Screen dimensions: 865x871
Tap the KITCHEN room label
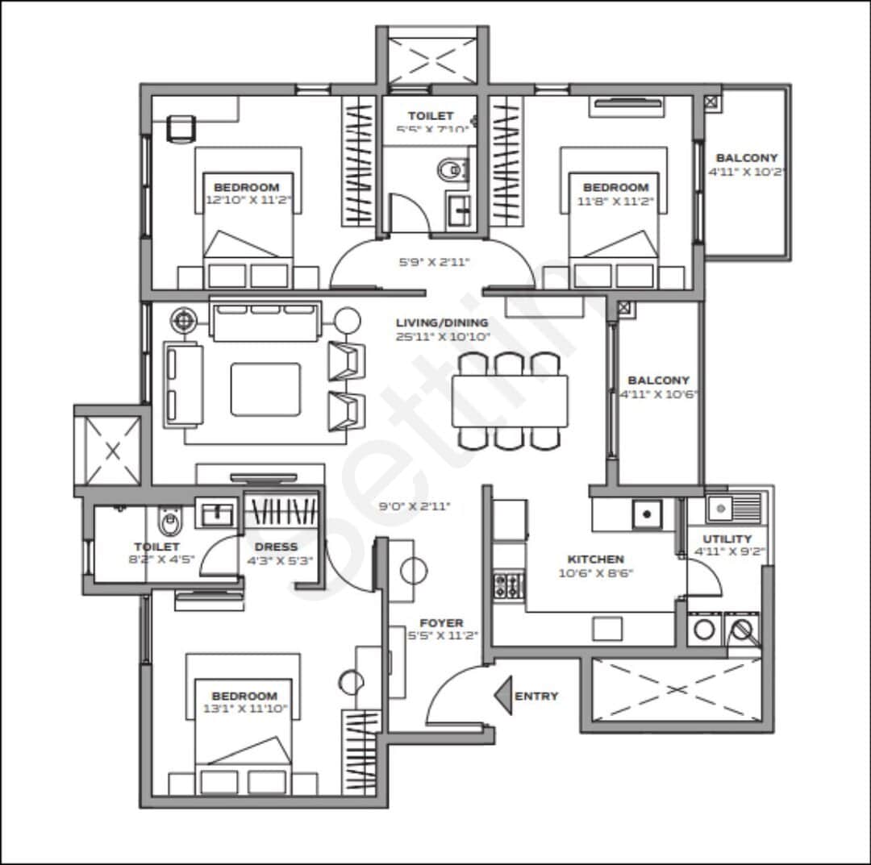[x=595, y=559]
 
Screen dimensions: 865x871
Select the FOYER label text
[x=441, y=622]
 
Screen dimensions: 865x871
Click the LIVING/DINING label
[x=442, y=322]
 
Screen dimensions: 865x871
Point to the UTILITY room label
[x=727, y=539]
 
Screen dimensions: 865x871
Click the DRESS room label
[x=277, y=547]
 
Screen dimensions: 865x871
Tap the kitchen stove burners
[x=509, y=584]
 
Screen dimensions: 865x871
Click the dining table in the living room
[x=510, y=401]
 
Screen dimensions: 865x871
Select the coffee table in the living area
[x=265, y=389]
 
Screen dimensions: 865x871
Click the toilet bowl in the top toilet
[x=450, y=169]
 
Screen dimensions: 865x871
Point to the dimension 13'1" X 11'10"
[x=244, y=709]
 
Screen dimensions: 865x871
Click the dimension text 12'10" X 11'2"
[x=247, y=200]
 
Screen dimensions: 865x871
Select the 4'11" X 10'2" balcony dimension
[x=747, y=172]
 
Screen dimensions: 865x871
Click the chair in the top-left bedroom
[x=181, y=128]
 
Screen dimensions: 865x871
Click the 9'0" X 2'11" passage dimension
[x=415, y=506]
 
